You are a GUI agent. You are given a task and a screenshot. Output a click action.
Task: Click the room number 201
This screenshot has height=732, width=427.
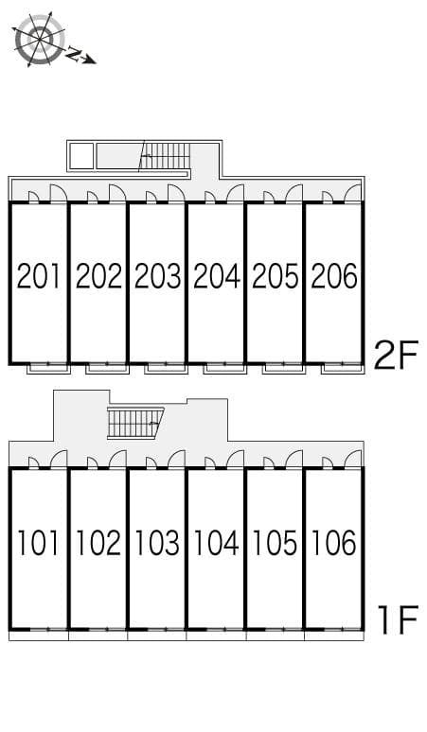coord(39,276)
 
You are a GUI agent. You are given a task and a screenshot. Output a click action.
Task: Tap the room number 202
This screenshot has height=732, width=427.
coord(98,276)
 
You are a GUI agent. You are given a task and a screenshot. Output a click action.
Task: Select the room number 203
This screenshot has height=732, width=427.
coord(157,276)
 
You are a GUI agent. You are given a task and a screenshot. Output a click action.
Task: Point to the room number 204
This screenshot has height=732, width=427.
coord(216,276)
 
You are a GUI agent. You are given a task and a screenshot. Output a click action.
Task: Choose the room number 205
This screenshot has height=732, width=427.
coord(275,276)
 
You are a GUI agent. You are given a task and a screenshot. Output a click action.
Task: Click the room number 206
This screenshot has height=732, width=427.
coord(333,276)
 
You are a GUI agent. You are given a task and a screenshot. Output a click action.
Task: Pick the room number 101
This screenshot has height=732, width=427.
coord(39,544)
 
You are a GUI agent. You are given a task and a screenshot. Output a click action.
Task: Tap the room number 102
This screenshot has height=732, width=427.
coord(98,544)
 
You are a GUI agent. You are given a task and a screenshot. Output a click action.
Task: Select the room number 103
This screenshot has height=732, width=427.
coord(157,544)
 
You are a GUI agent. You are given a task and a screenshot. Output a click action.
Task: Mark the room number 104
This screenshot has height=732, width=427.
coord(216,544)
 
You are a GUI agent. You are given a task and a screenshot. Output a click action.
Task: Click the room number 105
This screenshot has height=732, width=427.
coord(275,544)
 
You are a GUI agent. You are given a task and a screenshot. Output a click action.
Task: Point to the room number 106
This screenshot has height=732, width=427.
coord(333,544)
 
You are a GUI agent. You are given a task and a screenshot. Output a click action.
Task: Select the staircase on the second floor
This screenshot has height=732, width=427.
coord(166,155)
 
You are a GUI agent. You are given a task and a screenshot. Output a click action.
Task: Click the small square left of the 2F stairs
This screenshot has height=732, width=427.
coord(82,156)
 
